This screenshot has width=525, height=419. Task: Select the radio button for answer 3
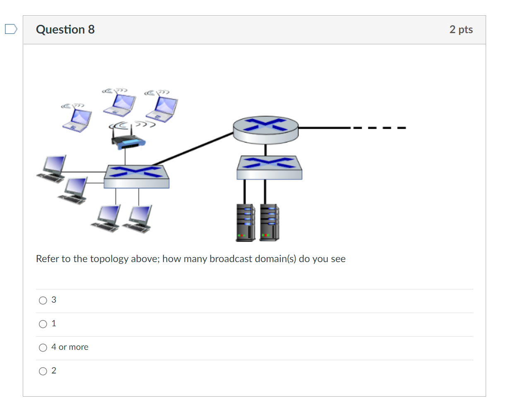[x=43, y=301]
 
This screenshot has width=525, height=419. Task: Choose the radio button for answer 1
[x=43, y=324]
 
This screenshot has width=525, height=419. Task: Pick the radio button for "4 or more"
[x=43, y=348]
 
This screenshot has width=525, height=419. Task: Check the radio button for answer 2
[x=43, y=371]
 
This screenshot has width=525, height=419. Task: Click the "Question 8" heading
[x=65, y=30]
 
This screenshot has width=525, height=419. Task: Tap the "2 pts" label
[x=461, y=30]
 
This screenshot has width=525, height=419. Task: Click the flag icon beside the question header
[x=11, y=29]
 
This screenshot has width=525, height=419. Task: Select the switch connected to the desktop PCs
[x=136, y=176]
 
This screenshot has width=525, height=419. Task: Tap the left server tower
[x=245, y=222]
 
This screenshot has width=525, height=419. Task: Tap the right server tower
[x=269, y=222]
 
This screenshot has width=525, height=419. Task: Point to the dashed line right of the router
[x=378, y=128]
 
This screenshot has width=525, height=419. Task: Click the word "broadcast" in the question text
[x=231, y=259]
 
